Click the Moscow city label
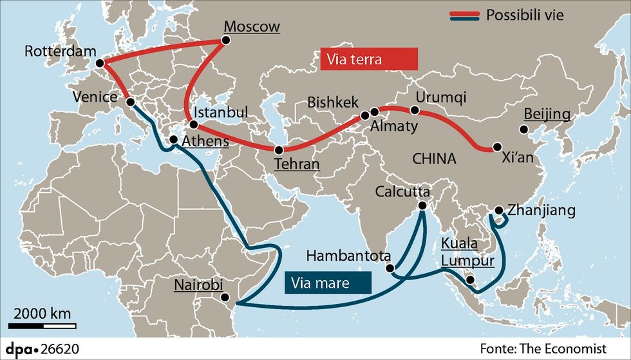coord(252,27)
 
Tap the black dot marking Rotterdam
coord(100,63)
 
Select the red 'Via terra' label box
coord(369,60)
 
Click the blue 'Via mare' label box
coord(327,281)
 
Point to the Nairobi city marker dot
coord(225,297)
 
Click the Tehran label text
coord(297,164)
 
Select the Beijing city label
coord(547,115)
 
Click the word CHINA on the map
coord(435,158)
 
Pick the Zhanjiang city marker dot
coord(499,210)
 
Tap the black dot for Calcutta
coord(422,206)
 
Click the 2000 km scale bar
coord(42,326)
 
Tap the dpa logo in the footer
coord(23,348)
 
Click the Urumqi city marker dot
coord(415,111)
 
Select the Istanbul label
coord(221,113)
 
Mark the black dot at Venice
coord(130,102)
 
